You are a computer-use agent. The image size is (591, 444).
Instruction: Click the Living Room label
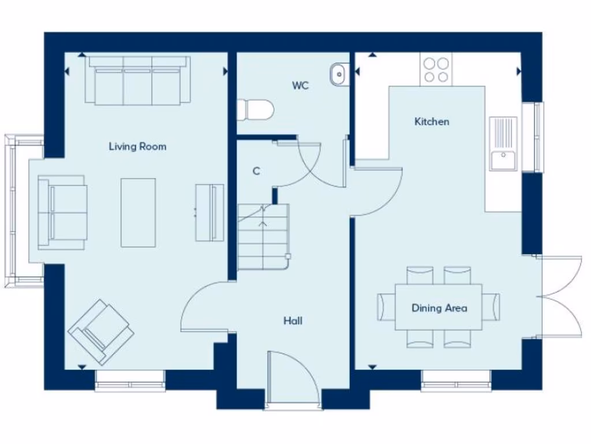tap(137, 147)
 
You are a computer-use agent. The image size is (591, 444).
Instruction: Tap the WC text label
tap(300, 86)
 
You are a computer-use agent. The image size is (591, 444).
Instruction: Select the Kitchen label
tap(432, 122)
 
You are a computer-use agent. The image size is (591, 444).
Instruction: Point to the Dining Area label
tap(439, 308)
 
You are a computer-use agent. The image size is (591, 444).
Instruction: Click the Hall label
tap(293, 321)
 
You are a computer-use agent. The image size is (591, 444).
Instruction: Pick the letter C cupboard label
tap(256, 172)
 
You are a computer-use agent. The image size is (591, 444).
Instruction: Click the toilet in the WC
tap(255, 109)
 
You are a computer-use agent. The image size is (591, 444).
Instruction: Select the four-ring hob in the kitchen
tap(436, 69)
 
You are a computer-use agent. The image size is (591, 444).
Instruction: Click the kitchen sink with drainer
tap(503, 143)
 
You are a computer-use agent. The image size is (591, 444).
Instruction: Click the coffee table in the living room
tap(138, 212)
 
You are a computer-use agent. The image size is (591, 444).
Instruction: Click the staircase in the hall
tap(263, 237)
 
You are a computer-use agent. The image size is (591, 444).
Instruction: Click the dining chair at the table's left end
tap(386, 307)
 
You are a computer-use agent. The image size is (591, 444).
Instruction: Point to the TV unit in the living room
tap(210, 212)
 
